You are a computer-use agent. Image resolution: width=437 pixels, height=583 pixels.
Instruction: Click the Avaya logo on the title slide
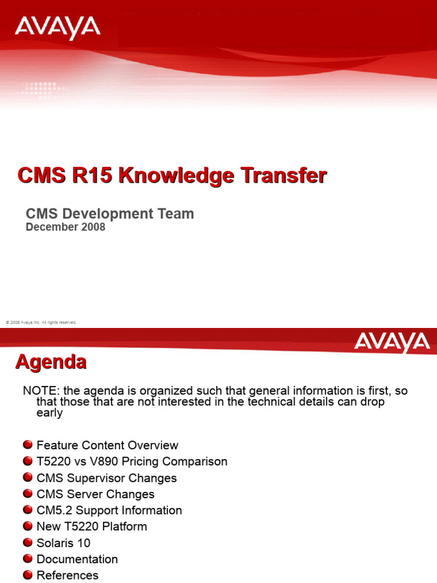57,28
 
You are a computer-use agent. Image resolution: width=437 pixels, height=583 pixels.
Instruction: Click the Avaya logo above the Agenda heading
391,343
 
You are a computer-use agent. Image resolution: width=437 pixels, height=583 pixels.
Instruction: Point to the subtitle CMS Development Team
110,214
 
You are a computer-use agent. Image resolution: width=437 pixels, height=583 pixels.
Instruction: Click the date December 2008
65,227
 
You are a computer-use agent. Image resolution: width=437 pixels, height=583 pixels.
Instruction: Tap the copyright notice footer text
41,322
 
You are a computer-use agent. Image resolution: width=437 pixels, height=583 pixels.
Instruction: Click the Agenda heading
51,362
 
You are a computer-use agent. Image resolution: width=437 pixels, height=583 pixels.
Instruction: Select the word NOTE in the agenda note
40,391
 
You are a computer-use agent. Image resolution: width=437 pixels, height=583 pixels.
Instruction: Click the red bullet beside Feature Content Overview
28,445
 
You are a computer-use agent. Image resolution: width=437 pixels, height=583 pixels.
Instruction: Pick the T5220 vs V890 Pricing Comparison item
131,462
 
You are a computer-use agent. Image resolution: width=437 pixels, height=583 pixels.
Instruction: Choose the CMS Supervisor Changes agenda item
106,478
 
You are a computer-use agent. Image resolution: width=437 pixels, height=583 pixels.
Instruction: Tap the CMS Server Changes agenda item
95,494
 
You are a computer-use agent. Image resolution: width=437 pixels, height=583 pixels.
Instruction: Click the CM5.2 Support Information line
109,511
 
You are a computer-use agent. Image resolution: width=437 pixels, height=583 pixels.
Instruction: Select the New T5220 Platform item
92,527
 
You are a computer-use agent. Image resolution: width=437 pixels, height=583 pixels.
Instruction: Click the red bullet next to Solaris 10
28,543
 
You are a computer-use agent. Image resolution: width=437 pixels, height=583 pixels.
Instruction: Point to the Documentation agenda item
77,559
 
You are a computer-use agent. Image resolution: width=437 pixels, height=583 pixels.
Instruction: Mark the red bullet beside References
28,576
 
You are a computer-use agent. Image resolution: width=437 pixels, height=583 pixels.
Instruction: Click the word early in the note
49,413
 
